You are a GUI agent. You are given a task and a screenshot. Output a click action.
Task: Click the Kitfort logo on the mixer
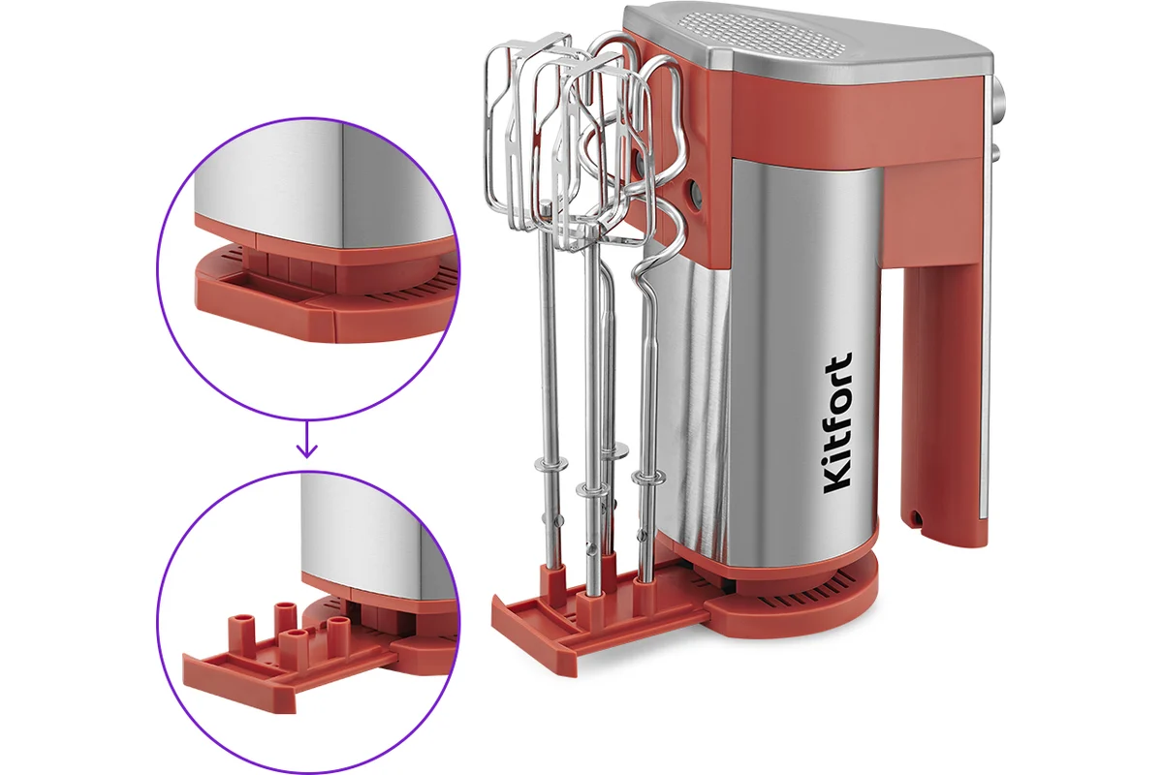(837, 423)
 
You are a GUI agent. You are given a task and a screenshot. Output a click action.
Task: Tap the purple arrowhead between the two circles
(307, 451)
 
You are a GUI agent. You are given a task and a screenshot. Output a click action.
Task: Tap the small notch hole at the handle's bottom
(916, 516)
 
